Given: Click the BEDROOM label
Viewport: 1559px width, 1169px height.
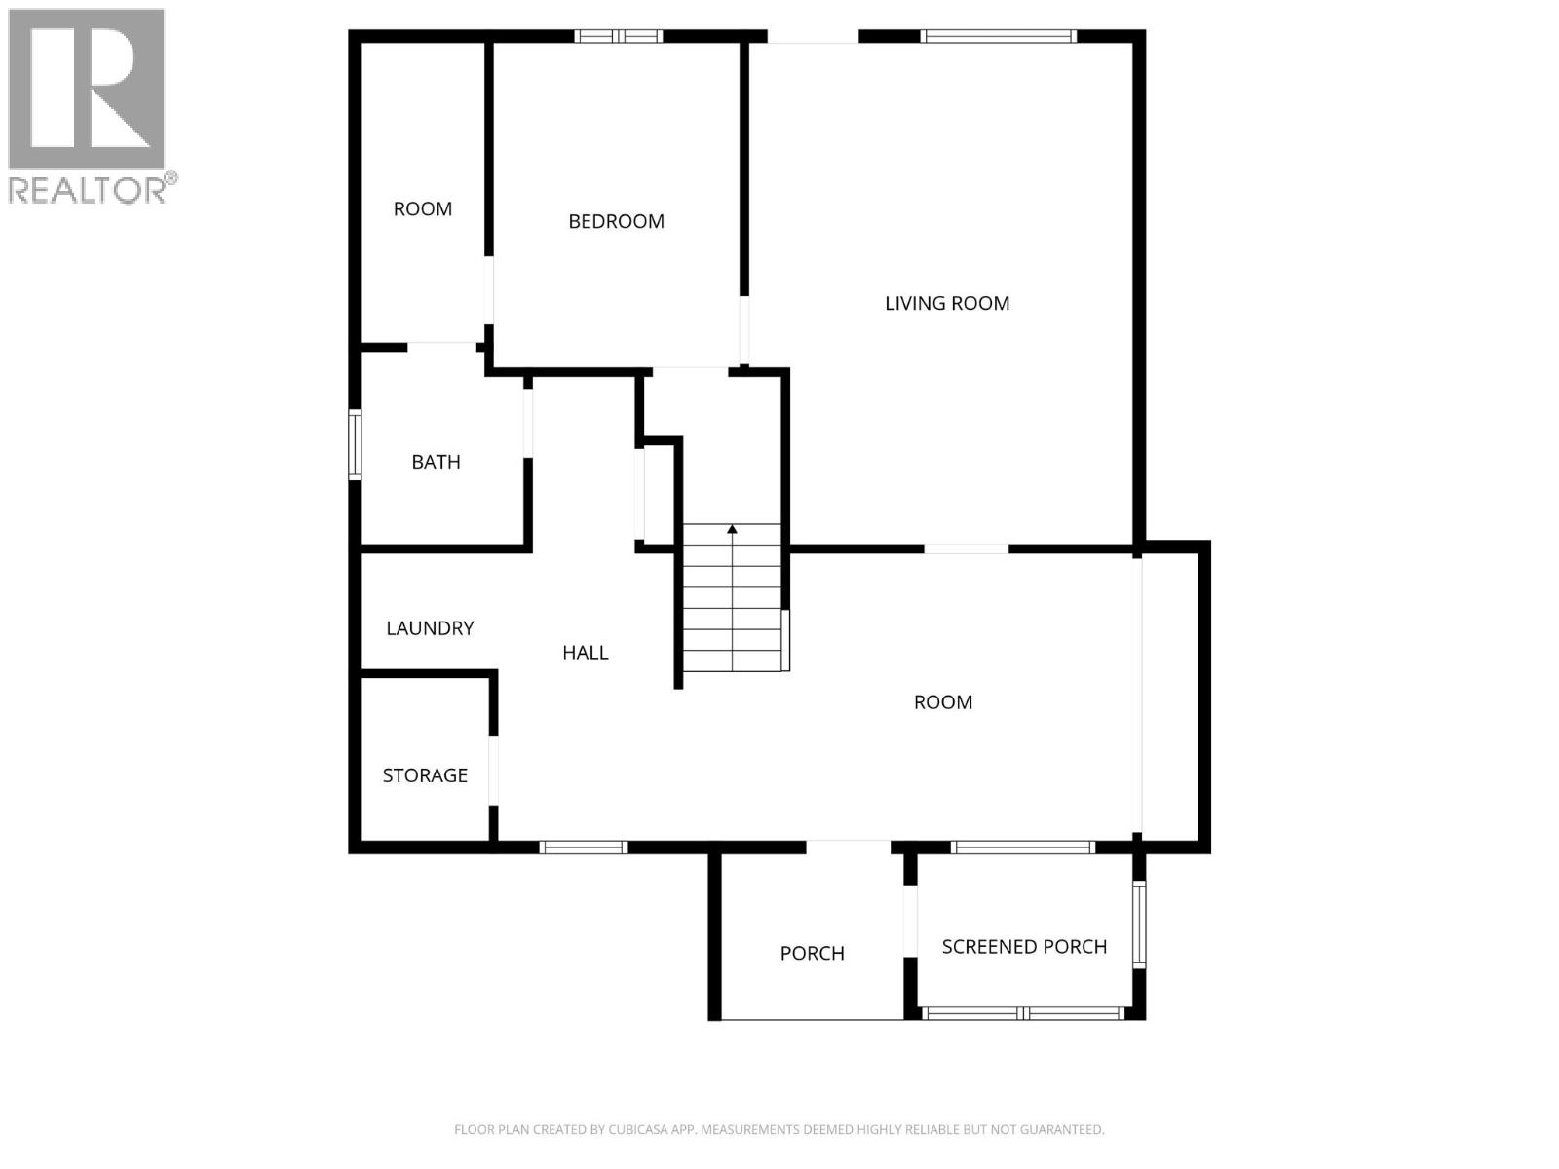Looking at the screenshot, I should (x=616, y=221).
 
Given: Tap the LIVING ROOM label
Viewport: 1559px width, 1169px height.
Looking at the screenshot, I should (x=946, y=303).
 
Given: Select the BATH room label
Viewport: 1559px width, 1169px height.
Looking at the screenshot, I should (x=436, y=462).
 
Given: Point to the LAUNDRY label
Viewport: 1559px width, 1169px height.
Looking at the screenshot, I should (x=430, y=628).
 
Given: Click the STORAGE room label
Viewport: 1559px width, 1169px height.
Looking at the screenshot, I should (x=425, y=775).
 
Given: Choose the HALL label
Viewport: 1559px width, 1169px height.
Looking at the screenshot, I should (x=585, y=653).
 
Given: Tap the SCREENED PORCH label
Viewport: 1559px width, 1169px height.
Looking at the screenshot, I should (x=1024, y=947).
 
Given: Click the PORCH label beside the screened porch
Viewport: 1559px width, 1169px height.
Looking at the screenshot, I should (x=812, y=954).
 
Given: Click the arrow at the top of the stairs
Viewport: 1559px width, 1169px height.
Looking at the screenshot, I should (x=732, y=530).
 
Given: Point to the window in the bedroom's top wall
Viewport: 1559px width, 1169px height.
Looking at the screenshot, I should (x=618, y=37).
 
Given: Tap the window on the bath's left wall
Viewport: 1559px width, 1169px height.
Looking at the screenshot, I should (x=356, y=444).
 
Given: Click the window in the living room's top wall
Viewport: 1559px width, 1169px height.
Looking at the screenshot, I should (x=998, y=37).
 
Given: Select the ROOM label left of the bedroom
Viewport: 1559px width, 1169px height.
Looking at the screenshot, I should (x=422, y=208).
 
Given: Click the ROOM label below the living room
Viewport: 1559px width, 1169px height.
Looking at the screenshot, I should (x=942, y=702).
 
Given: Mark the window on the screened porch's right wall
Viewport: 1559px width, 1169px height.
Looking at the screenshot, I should (x=1139, y=924).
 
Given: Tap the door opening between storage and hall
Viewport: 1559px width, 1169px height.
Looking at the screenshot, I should (x=493, y=771).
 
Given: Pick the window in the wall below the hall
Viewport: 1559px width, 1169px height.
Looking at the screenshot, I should (x=583, y=848).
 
